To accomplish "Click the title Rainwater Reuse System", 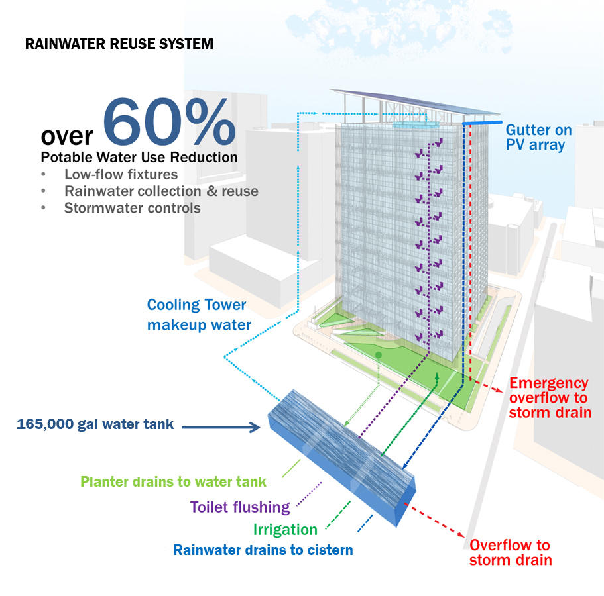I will pos(119,44).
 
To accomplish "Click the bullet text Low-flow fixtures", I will pos(121,175).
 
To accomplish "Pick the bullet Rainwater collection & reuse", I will pos(161,191).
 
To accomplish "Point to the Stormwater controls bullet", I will pos(132,208).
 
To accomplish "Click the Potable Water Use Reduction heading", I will pos(139,158).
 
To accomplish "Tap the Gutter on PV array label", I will pos(535,137).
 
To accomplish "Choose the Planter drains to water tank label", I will pos(173,481).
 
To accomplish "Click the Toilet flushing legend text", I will pos(240,507).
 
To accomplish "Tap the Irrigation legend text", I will pos(285,530).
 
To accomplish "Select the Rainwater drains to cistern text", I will pos(263,550).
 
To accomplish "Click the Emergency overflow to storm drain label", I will pos(549,397).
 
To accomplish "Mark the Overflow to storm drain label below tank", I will pos(510,552).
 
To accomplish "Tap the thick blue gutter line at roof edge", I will pos(481,124).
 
